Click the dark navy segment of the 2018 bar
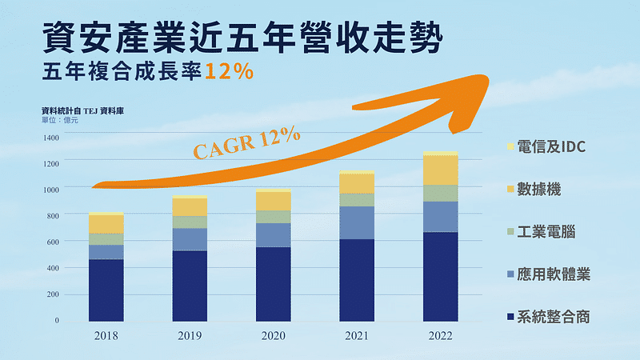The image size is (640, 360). pos(106,290)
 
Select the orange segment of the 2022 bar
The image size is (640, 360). pos(440,170)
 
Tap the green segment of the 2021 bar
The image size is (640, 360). pos(357,199)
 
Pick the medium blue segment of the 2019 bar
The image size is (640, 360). pos(190,239)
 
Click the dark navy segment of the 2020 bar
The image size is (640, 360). pos(273,284)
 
